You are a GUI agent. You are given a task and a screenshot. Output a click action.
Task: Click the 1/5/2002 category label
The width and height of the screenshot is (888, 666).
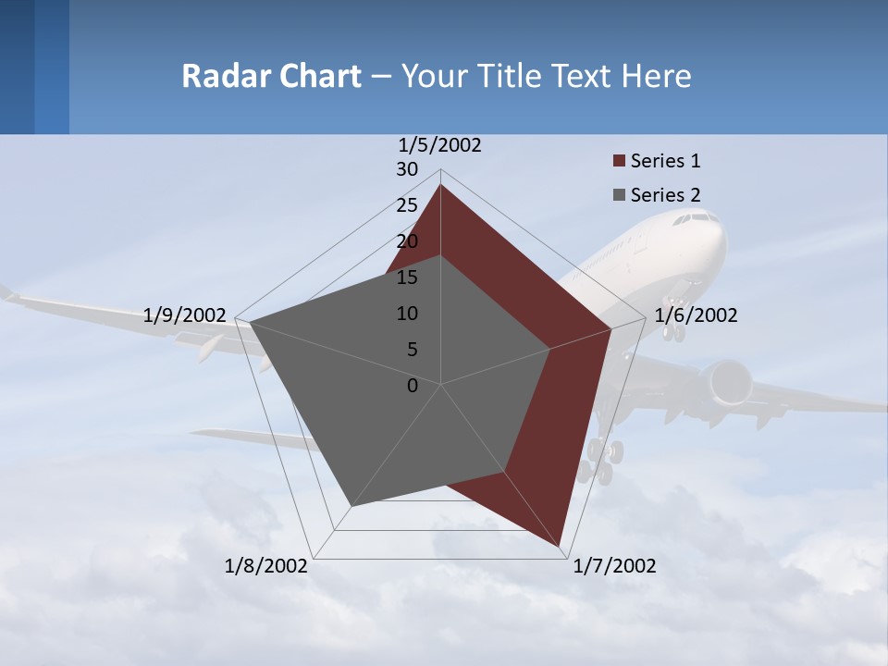point(439,145)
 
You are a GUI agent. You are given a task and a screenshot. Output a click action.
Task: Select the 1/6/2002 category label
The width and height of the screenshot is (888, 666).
point(696,315)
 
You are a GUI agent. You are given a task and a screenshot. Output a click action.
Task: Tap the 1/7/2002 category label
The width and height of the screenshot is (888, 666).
point(614,566)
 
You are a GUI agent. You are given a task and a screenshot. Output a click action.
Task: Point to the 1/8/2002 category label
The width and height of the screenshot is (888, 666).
point(266,566)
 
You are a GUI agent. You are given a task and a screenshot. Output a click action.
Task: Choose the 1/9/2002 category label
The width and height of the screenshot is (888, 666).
point(185,315)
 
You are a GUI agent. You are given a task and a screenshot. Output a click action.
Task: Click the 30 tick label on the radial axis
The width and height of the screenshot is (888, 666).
point(407,169)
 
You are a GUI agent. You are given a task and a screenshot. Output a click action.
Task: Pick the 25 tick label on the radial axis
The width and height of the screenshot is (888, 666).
point(407,205)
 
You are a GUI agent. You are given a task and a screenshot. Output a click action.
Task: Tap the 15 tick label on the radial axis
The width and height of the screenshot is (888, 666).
point(407,277)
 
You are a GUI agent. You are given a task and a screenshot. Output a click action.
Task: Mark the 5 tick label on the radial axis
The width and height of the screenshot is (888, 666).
point(412,350)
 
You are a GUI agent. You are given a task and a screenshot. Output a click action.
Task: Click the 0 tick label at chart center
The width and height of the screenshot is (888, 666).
point(413,386)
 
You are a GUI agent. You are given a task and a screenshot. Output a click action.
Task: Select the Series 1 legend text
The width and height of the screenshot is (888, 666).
point(665,161)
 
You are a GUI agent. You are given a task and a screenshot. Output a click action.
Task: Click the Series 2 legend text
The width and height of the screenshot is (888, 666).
point(665,195)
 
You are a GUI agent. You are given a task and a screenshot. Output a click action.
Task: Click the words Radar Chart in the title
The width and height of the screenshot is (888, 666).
point(271,76)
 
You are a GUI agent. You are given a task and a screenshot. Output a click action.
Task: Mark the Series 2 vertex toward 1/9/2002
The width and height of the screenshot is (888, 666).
point(250,323)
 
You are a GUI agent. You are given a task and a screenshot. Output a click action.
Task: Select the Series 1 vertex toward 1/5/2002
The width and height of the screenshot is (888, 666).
point(440,185)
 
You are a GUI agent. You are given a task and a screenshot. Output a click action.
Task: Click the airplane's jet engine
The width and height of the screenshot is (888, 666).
point(728,382)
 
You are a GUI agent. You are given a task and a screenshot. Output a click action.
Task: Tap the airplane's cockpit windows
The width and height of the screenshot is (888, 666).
point(695,219)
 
